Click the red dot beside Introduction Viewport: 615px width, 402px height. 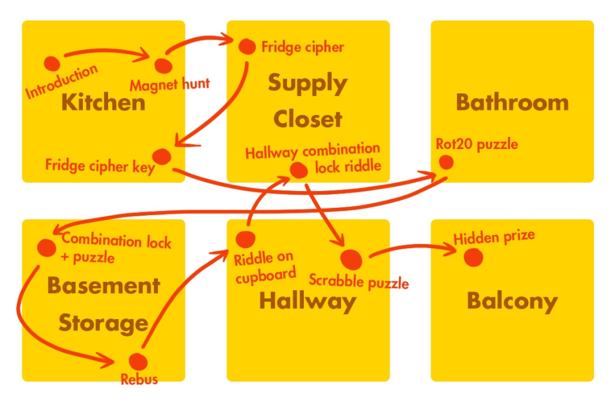click(x=52, y=63)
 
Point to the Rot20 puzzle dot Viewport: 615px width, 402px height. click(x=446, y=162)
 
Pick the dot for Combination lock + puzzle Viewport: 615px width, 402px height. click(x=46, y=247)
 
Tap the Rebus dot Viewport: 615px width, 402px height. click(x=138, y=361)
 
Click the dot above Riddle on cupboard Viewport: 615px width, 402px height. click(x=245, y=239)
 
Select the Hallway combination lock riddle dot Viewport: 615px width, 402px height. click(x=298, y=171)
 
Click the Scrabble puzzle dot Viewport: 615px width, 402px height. click(x=352, y=259)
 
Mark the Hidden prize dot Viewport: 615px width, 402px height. click(x=473, y=257)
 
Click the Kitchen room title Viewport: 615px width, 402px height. click(x=103, y=102)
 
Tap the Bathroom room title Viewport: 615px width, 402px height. click(x=512, y=102)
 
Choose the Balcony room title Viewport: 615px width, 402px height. click(x=512, y=301)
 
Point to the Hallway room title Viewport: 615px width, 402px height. click(x=307, y=301)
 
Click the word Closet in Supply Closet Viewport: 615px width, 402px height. click(x=307, y=119)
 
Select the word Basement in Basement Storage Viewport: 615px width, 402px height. click(x=103, y=285)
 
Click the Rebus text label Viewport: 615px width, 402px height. click(x=139, y=380)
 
